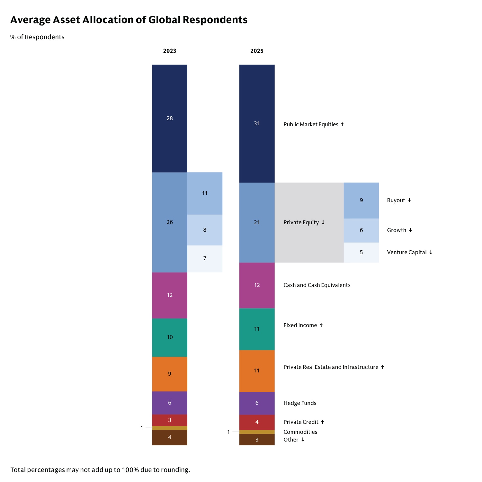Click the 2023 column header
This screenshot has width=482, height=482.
[x=170, y=51]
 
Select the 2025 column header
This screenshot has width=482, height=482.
[x=257, y=51]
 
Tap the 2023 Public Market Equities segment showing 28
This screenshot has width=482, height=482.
[x=170, y=118]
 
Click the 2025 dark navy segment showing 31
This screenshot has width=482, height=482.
[x=257, y=123]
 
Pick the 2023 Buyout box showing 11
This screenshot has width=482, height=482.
[x=205, y=193]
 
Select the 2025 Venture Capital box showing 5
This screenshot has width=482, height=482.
[x=361, y=252]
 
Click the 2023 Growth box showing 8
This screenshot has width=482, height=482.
[x=205, y=230]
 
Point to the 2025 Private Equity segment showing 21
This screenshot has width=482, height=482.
[x=257, y=222]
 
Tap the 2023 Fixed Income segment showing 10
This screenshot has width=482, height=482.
[x=170, y=337]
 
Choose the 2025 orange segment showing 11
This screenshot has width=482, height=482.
[x=257, y=370]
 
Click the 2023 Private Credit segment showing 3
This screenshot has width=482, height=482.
[x=170, y=420]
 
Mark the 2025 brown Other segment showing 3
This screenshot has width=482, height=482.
[x=257, y=440]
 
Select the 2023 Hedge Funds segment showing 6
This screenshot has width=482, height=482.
[x=170, y=403]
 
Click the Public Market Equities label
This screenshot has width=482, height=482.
[x=311, y=124]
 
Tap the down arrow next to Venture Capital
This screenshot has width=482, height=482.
[x=431, y=252]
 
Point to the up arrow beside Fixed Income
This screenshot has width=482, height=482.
[x=321, y=325]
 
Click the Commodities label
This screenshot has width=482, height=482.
[x=300, y=432]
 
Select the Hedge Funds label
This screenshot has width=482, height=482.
[x=300, y=403]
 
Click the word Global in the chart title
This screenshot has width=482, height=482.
[x=164, y=20]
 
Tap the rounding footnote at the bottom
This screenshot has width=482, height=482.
[x=100, y=470]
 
